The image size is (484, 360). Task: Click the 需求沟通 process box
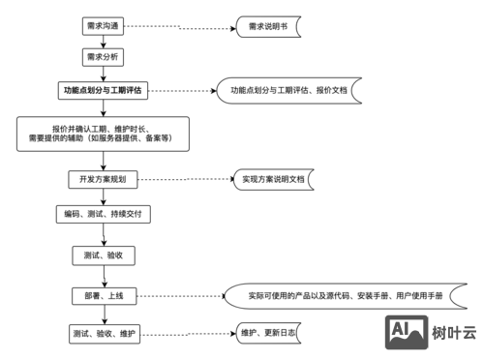pyautogui.click(x=103, y=27)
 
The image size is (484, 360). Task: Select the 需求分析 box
pyautogui.click(x=103, y=57)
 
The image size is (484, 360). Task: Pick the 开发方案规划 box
pyautogui.click(x=103, y=179)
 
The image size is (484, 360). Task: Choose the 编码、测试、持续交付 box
pyautogui.click(x=103, y=212)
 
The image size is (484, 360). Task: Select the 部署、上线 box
pyautogui.click(x=103, y=295)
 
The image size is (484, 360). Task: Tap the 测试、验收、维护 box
pyautogui.click(x=103, y=333)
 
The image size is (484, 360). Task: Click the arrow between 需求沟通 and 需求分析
pyautogui.click(x=103, y=42)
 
